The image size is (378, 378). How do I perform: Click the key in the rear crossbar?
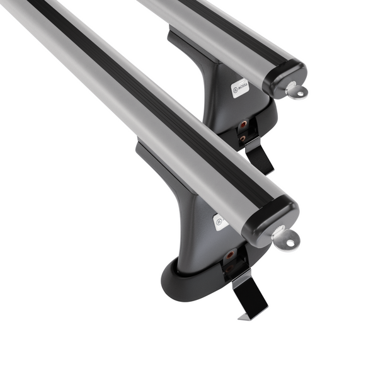(295, 91)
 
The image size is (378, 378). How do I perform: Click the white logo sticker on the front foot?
(220, 221)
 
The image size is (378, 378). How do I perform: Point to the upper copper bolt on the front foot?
(229, 255)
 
